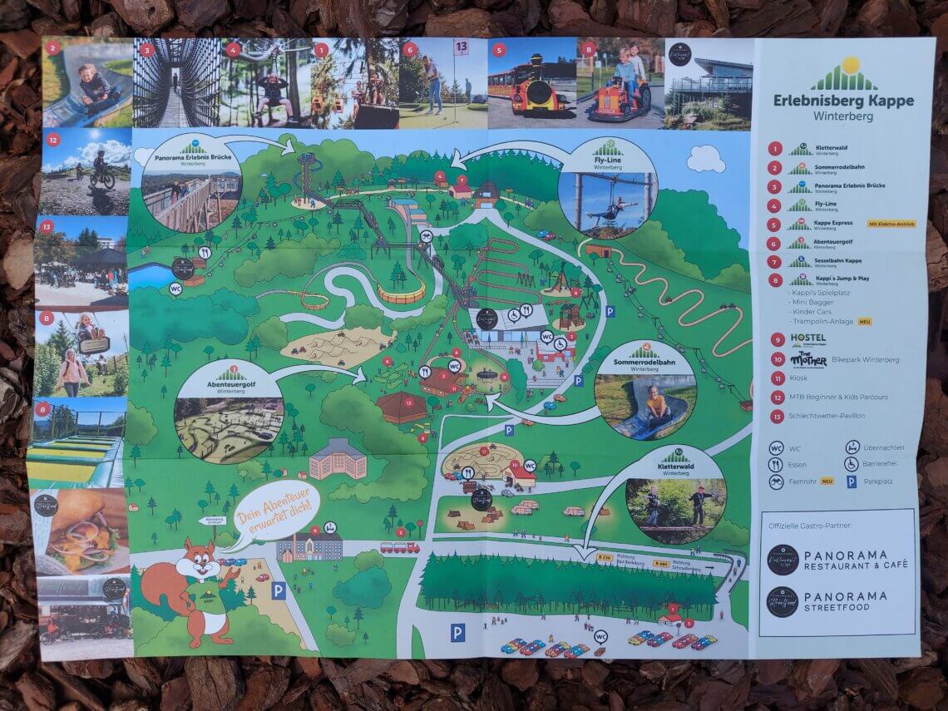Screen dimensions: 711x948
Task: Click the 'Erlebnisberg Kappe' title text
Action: pyautogui.click(x=841, y=101)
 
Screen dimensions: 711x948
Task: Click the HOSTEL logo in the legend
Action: pyautogui.click(x=807, y=338)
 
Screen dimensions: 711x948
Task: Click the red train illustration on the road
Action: pyautogui.click(x=399, y=548)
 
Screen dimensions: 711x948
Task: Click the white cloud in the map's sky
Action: pyautogui.click(x=705, y=157)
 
